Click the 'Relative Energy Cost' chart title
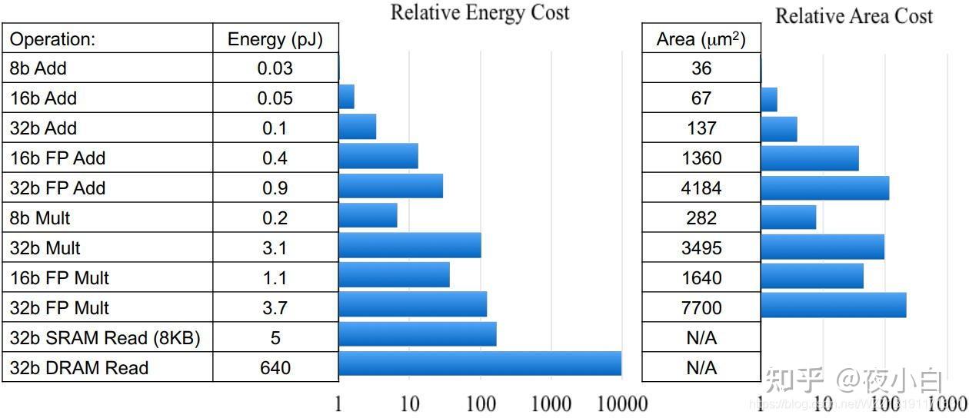[480, 12]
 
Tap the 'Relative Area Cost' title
[854, 16]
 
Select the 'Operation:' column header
[52, 39]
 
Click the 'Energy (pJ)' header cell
[275, 39]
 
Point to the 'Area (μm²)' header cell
[701, 39]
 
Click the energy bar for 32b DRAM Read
[479, 364]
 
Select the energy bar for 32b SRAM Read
[417, 334]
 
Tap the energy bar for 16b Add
[346, 98]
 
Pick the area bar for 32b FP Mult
[833, 305]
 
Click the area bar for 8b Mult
[788, 217]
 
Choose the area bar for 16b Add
[768, 100]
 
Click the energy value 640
[275, 368]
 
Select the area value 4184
[701, 188]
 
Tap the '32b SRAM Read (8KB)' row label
[105, 338]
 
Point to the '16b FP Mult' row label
[59, 278]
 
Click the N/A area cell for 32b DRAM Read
[701, 368]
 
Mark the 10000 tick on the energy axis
[621, 403]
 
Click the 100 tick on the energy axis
[480, 403]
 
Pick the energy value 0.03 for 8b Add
[275, 68]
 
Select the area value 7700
[701, 308]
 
